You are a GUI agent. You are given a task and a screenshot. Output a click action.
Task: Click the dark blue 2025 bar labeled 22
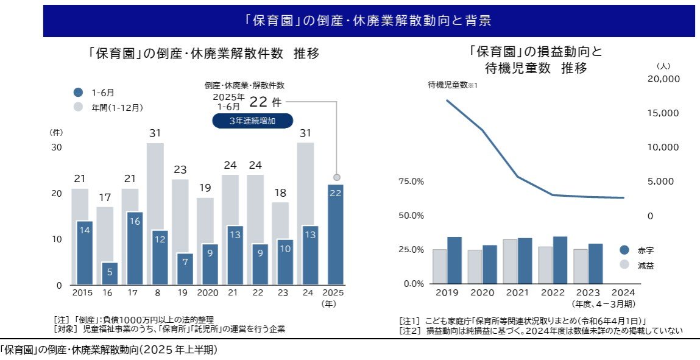(336, 235)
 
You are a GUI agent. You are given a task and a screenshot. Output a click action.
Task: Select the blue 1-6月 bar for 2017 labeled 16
(135, 249)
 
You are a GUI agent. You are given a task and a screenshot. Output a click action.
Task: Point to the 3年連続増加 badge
(252, 121)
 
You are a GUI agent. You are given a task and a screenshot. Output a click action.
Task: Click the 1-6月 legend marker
(78, 93)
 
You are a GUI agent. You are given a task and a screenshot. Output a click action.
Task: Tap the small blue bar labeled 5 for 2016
(110, 274)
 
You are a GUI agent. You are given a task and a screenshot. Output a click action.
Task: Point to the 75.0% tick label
(411, 182)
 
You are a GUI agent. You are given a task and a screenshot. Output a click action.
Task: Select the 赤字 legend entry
(645, 250)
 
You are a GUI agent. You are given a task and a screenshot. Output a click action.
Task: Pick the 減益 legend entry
(645, 266)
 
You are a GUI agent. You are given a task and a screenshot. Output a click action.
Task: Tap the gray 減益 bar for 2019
(439, 266)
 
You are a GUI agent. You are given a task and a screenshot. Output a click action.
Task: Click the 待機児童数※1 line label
(453, 85)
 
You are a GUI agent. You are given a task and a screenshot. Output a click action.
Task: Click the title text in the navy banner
(369, 21)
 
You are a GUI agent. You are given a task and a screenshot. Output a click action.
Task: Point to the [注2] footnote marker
(408, 331)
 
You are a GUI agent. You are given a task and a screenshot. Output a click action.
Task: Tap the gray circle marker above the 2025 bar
(336, 177)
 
